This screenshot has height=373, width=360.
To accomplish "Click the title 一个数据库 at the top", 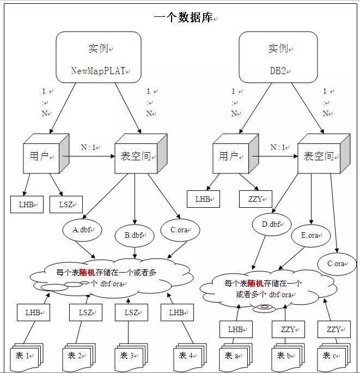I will [184, 17].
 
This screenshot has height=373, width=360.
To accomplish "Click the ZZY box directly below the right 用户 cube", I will [255, 199].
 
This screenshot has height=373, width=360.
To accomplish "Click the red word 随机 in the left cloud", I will [87, 272].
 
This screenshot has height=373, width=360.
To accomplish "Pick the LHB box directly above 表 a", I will [236, 329].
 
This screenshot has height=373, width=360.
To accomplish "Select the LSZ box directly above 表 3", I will [131, 312].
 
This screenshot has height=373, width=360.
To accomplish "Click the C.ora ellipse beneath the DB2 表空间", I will [336, 263].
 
